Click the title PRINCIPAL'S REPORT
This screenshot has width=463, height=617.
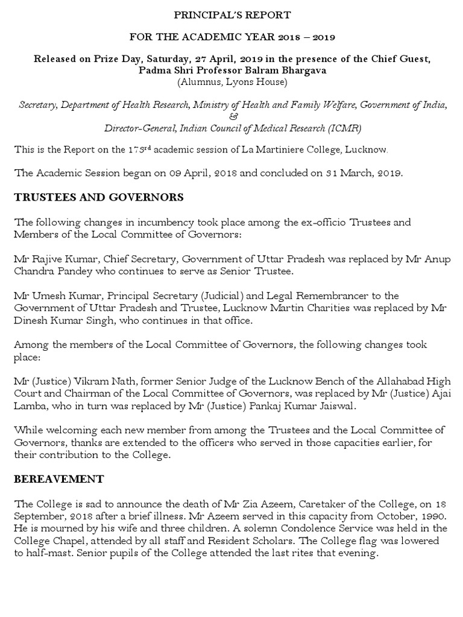pyautogui.click(x=231, y=14)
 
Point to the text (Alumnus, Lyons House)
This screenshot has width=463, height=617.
pyautogui.click(x=231, y=81)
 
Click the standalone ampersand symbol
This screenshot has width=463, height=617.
pyautogui.click(x=231, y=116)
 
